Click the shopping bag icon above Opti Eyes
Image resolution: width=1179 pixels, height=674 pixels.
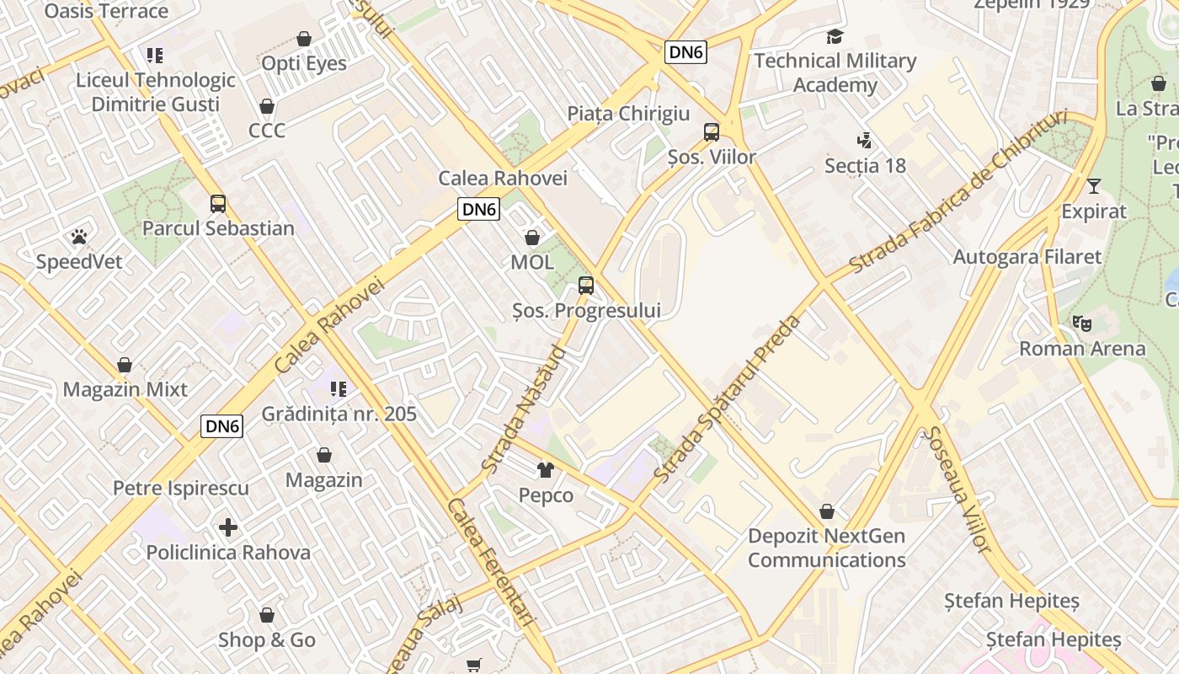point(304,39)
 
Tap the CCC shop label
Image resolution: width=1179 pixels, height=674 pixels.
point(267,130)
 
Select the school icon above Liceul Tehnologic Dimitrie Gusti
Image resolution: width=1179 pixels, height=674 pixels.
point(154,56)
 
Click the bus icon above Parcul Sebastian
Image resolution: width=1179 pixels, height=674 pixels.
point(218,204)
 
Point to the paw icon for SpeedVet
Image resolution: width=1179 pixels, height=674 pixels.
point(79,237)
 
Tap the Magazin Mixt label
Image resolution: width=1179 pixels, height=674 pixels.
point(125,390)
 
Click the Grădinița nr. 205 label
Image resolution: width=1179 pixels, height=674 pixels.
point(339,414)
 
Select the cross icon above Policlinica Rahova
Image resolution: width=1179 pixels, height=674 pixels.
point(228,528)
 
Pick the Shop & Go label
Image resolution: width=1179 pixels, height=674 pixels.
point(267,640)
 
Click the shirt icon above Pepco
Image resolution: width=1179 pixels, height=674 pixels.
point(546,470)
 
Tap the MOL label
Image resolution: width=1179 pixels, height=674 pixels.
point(532,262)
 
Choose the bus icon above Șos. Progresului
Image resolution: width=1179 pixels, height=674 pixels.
point(586,286)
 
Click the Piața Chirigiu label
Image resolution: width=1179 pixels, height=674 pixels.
point(628,114)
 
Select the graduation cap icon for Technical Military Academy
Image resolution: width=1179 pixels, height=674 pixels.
point(835,37)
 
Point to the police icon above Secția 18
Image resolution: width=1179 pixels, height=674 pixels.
point(864,141)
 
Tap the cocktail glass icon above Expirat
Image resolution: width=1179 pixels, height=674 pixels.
point(1094,186)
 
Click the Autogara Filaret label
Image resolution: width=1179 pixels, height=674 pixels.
point(1027,257)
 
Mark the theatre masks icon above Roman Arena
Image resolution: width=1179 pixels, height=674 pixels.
point(1082,324)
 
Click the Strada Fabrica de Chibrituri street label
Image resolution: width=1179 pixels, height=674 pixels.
point(958,192)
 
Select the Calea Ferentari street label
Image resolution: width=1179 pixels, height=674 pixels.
point(491,562)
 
